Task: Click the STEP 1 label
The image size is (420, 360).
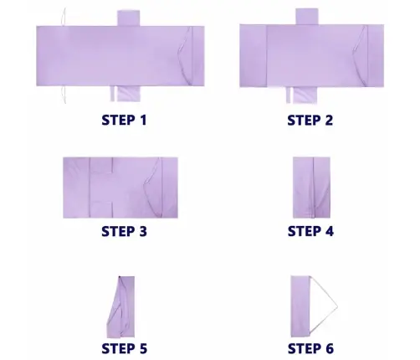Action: pos(124,120)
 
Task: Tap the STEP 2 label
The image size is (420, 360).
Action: pos(310,120)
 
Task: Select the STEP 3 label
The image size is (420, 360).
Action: pos(124,231)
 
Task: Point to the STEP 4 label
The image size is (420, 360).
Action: pos(310,231)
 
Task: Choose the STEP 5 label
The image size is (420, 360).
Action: pos(124,348)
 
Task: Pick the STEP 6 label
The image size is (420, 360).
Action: pos(310,348)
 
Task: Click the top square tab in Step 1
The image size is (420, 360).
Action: pos(128,18)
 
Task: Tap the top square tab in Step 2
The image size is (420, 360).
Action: pos(307,17)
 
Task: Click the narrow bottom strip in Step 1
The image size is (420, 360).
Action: pos(113,94)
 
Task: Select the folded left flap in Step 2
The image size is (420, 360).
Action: pos(254,56)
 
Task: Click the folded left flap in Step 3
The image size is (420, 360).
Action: pos(76,188)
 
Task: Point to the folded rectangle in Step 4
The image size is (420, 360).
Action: pos(311,188)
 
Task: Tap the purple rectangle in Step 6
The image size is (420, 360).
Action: pos(300,306)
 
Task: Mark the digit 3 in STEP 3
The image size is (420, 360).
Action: pos(142,231)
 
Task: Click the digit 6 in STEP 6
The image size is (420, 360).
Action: pos(329,348)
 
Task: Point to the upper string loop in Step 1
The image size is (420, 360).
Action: pos(64,17)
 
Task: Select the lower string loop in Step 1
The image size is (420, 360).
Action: pos(64,95)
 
